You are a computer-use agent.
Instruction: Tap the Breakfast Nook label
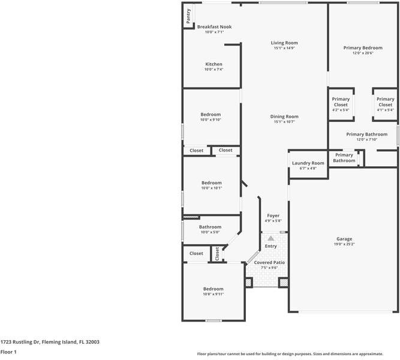214,27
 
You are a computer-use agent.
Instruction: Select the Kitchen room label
214,64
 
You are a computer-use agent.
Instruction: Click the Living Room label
284,43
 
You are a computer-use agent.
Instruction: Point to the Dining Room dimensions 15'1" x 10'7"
284,122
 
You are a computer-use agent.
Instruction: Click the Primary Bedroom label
363,47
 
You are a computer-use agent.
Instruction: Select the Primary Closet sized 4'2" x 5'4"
341,102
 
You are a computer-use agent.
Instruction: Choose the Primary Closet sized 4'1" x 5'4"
386,102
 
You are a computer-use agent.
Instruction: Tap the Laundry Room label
308,163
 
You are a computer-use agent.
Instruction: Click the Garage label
344,239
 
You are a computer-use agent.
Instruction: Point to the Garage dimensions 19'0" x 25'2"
344,245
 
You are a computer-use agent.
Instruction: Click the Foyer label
273,215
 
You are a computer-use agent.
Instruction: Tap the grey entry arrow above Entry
270,238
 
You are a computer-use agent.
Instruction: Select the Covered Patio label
269,263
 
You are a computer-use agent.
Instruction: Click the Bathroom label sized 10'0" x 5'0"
210,227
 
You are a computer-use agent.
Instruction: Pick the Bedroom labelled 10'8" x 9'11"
213,289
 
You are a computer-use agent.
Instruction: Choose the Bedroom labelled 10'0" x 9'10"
210,114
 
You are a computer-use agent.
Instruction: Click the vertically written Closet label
217,254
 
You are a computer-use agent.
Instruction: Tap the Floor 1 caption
8,352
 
